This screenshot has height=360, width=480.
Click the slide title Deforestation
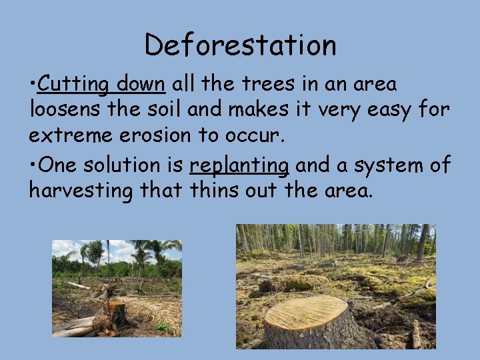[240, 45]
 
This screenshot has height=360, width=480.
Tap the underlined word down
[140, 85]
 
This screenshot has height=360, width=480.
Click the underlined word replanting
[239, 165]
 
